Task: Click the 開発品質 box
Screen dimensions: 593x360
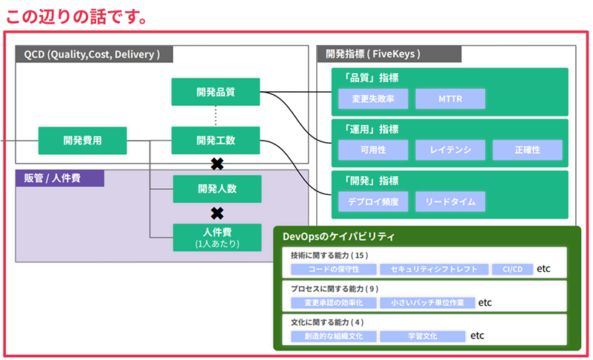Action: click(x=215, y=92)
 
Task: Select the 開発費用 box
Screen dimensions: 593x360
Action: click(x=82, y=141)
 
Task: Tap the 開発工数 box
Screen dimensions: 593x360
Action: click(x=215, y=141)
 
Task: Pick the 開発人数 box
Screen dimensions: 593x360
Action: click(x=217, y=188)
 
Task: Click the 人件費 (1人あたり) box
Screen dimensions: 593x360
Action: click(x=217, y=237)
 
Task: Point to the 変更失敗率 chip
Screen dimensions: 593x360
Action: click(x=373, y=99)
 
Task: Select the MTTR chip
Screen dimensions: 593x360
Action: click(x=450, y=99)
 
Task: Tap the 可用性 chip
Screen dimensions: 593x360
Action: click(x=373, y=150)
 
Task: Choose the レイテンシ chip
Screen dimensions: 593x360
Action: click(x=450, y=150)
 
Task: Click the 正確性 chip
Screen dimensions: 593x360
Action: click(x=527, y=150)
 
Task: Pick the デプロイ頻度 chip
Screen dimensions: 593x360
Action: click(x=373, y=201)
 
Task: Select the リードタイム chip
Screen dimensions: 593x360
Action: click(x=450, y=201)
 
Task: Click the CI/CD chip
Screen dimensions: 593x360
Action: click(x=512, y=269)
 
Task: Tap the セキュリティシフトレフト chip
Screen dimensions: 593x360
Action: click(x=434, y=269)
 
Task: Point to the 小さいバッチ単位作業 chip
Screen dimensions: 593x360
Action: click(x=427, y=303)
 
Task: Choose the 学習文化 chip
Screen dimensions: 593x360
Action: click(x=423, y=336)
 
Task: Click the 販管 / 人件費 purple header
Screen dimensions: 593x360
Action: click(x=60, y=178)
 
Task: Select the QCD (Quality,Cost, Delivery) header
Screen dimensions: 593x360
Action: click(x=94, y=54)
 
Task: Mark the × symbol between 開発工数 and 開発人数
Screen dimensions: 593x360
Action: click(x=217, y=164)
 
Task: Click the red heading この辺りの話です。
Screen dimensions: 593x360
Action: click(x=76, y=16)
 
